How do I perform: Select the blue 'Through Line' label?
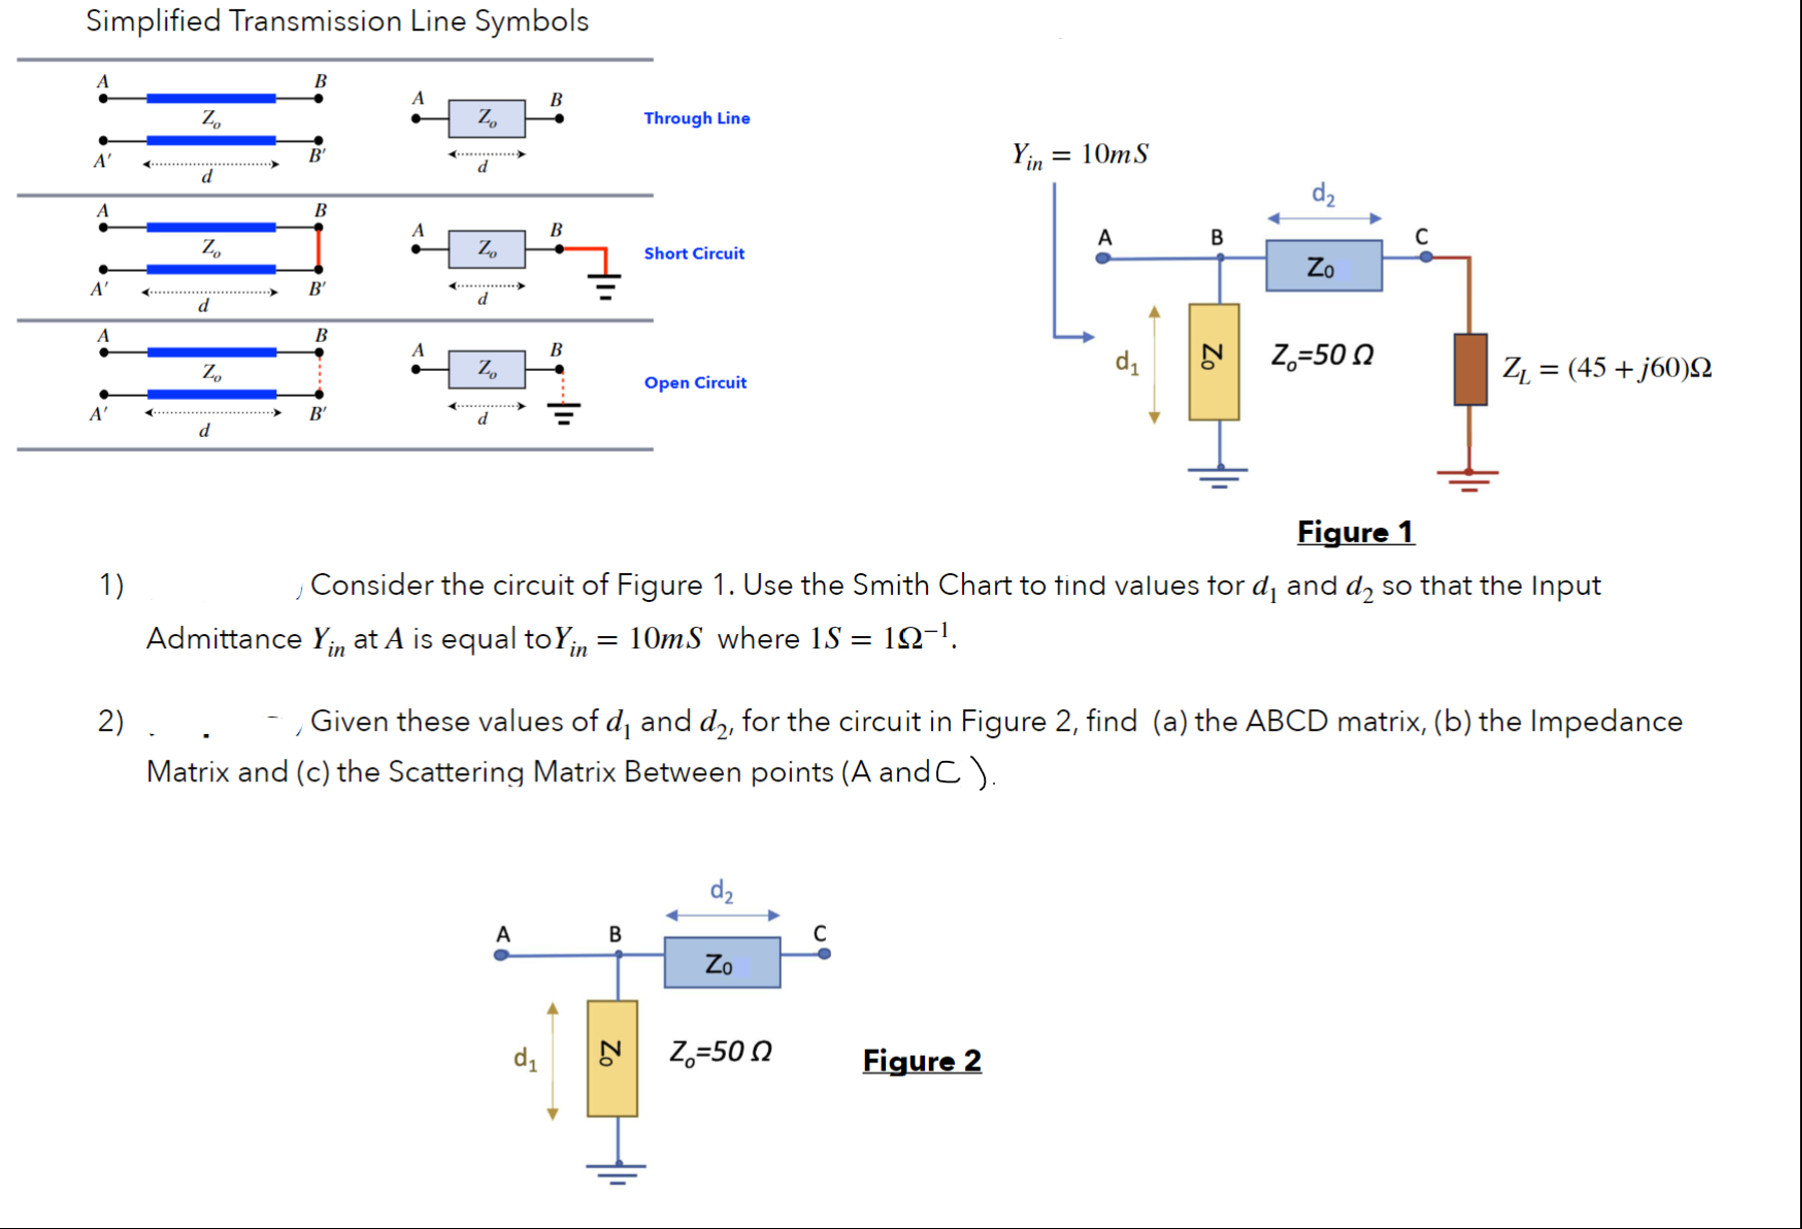(696, 118)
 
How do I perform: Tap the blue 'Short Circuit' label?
(694, 254)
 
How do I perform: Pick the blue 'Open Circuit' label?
(695, 382)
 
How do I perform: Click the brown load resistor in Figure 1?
(1470, 369)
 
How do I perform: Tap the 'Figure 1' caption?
(1355, 532)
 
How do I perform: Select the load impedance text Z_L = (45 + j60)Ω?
(1606, 368)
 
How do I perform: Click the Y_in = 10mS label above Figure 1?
(1079, 154)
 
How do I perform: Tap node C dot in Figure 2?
(824, 954)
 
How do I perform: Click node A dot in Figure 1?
(1102, 258)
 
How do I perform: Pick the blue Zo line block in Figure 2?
(722, 962)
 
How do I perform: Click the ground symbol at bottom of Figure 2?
(617, 1172)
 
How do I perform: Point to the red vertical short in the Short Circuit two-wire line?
(319, 248)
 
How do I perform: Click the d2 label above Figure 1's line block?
(1323, 194)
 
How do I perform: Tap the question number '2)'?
(110, 721)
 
